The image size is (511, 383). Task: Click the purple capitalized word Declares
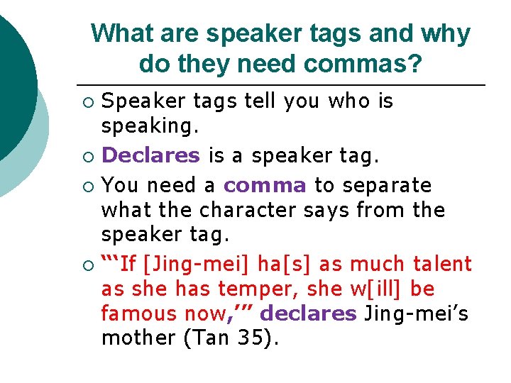pyautogui.click(x=150, y=155)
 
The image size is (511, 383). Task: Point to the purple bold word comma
pyautogui.click(x=265, y=185)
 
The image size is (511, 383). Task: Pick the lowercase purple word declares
pyautogui.click(x=313, y=313)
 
